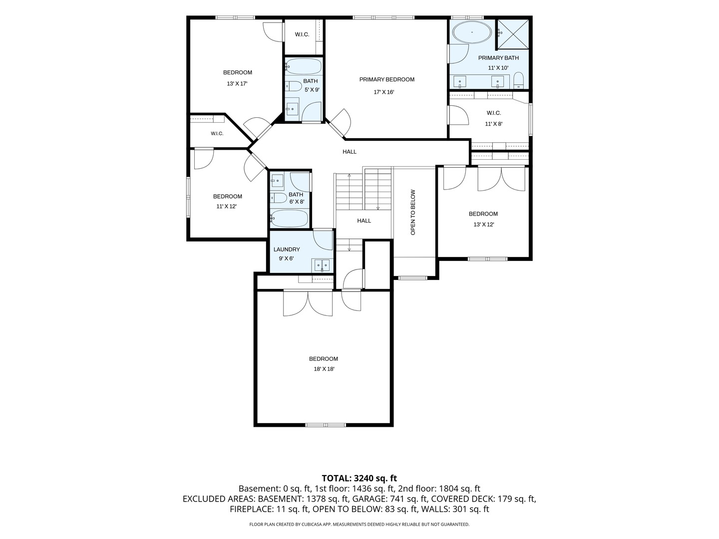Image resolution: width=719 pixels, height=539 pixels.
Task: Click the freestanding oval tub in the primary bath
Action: [x=472, y=32]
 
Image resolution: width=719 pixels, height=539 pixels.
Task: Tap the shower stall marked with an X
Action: [x=513, y=34]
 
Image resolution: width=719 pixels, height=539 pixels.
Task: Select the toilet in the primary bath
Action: [x=518, y=80]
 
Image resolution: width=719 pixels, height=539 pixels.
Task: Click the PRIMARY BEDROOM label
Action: [x=387, y=79]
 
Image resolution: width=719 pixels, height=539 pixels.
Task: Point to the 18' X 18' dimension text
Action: [x=324, y=369]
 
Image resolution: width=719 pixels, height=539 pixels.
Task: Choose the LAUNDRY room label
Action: [x=287, y=250]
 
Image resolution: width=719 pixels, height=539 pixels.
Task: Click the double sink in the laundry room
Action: [x=323, y=265]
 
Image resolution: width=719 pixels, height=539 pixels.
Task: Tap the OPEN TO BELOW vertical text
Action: [x=413, y=212]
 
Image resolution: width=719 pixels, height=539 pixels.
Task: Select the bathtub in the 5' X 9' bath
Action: [x=304, y=66]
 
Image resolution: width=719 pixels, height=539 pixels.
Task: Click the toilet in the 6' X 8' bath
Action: [x=279, y=198]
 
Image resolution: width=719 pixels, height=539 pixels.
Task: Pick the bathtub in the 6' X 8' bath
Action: [x=289, y=218]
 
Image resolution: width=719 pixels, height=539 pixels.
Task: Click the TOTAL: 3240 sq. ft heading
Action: [x=359, y=479]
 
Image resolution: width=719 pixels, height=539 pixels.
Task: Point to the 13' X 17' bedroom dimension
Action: [x=237, y=83]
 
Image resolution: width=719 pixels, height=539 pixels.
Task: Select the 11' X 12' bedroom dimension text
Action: [x=226, y=207]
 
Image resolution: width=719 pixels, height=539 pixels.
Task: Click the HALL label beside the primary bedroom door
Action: [x=350, y=152]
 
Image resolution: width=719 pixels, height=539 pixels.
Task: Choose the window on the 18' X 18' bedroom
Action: [x=326, y=425]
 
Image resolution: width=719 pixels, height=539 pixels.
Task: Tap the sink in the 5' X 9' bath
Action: [x=292, y=106]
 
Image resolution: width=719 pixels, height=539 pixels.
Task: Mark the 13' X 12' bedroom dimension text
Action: [x=483, y=225]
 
